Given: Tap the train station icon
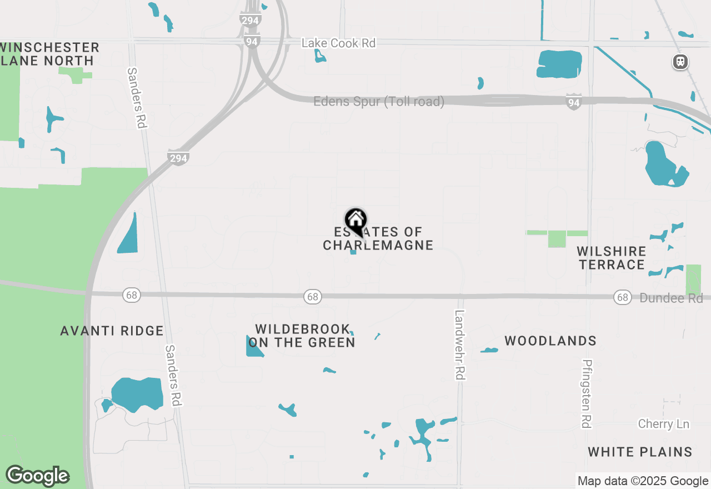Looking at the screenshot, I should click(x=680, y=62).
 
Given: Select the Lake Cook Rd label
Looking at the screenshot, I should click(x=338, y=43).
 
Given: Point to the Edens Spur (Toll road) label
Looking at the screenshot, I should click(x=379, y=102).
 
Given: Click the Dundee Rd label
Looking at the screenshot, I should click(x=671, y=298).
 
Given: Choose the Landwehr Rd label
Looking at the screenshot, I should click(x=459, y=345).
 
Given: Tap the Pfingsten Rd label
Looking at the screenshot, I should click(x=586, y=393).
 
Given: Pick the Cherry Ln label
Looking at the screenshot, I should click(x=663, y=424).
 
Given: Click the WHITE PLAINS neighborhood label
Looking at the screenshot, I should click(x=640, y=452).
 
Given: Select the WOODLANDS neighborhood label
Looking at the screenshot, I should click(x=550, y=341).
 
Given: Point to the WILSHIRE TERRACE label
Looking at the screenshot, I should click(x=612, y=258).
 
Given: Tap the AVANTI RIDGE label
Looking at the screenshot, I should click(x=112, y=331).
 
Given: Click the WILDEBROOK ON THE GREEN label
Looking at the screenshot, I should click(x=302, y=336).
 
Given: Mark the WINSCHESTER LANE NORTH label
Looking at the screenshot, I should click(x=49, y=54).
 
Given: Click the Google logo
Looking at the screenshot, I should click(x=37, y=476).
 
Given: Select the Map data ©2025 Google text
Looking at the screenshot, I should click(x=643, y=481).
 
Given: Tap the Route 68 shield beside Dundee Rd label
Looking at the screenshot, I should click(x=622, y=297).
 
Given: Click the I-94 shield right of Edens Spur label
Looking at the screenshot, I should click(x=574, y=102).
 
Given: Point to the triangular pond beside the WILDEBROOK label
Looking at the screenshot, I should click(x=253, y=347).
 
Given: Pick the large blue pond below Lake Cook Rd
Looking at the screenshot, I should click(x=559, y=64).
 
